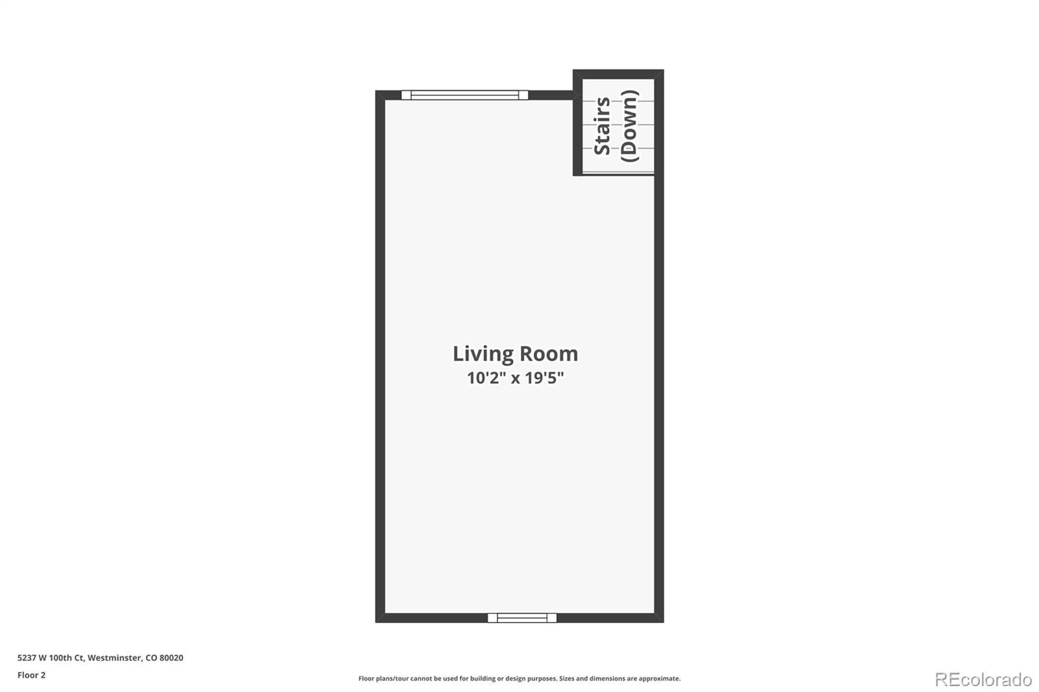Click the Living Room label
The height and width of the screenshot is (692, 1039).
pos(515,354)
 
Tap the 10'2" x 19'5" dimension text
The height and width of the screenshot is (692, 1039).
pos(515,378)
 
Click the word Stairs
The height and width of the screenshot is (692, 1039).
pos(602,126)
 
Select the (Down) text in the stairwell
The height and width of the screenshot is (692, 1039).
pos(629,126)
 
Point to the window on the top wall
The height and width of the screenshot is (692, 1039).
pos(464,95)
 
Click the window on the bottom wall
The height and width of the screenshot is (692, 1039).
pos(522,618)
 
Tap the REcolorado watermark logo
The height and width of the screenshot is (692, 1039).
pos(983,680)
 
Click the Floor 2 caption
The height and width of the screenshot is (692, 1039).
pos(31,675)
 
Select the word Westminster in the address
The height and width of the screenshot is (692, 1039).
pos(114,658)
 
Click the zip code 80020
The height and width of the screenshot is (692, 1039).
pos(172,658)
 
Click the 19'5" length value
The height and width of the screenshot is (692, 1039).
pos(544,378)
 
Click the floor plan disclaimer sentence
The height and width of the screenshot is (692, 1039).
pos(519,678)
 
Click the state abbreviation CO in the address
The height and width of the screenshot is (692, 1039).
pos(151,658)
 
